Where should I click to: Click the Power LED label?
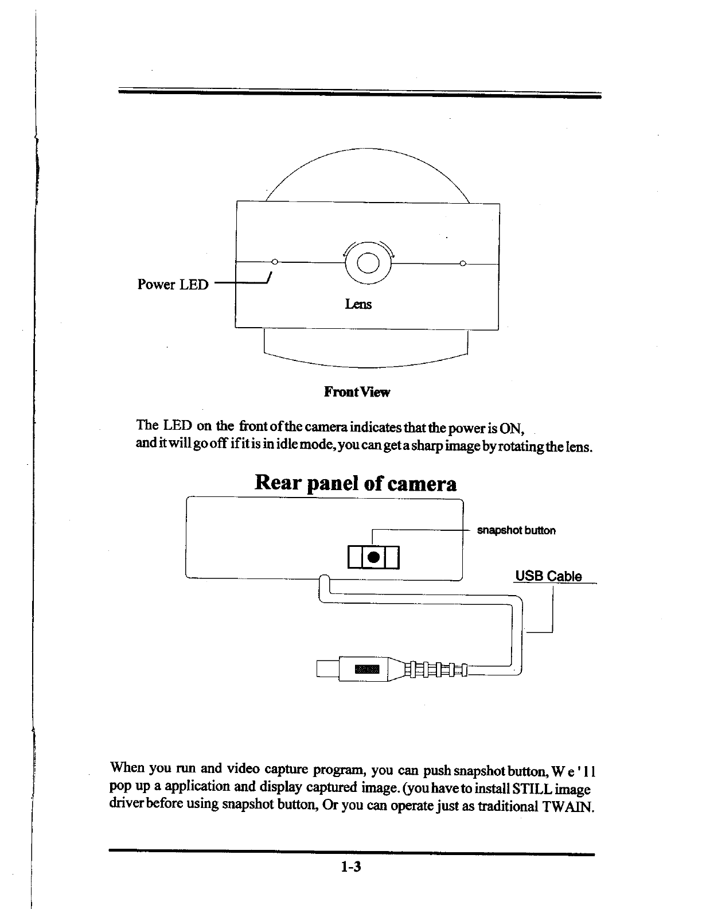click(173, 285)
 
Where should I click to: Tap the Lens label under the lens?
click(358, 304)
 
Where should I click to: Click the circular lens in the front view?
click(367, 263)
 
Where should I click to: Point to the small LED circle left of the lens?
click(275, 262)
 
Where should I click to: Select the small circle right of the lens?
click(462, 263)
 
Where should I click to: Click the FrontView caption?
click(357, 393)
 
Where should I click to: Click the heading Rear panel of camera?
click(356, 483)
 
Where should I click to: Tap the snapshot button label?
click(516, 530)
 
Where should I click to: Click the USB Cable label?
click(548, 576)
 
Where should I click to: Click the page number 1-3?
click(349, 867)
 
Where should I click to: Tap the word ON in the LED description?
click(509, 428)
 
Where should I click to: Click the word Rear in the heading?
click(278, 483)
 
